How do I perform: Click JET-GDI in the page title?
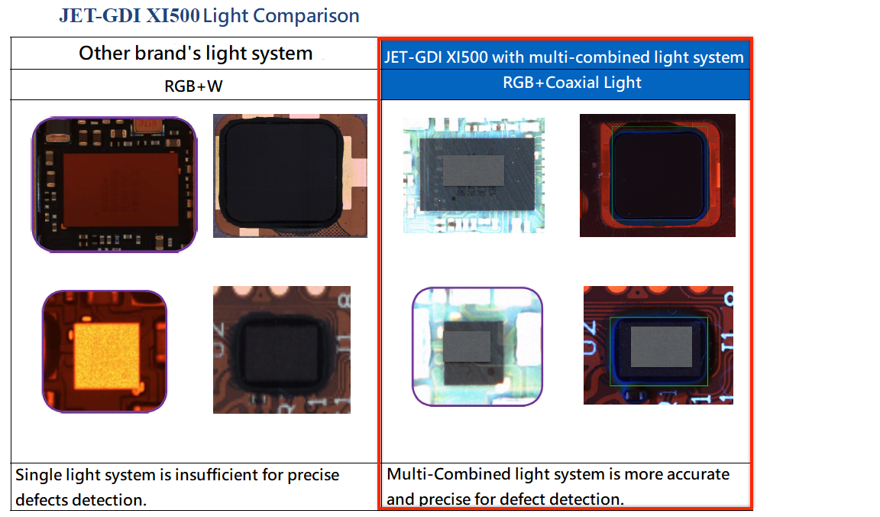(x=102, y=16)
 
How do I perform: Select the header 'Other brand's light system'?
(x=196, y=54)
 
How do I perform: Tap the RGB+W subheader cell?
(x=194, y=86)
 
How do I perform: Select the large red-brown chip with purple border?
(x=115, y=184)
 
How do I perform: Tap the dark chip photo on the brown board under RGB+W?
(x=281, y=350)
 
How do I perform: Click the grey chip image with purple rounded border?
(x=477, y=346)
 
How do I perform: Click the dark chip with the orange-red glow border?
(x=657, y=175)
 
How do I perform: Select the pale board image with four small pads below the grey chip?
(x=474, y=175)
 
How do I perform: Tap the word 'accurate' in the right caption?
(x=698, y=474)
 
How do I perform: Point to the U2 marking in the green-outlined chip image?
(x=590, y=337)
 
